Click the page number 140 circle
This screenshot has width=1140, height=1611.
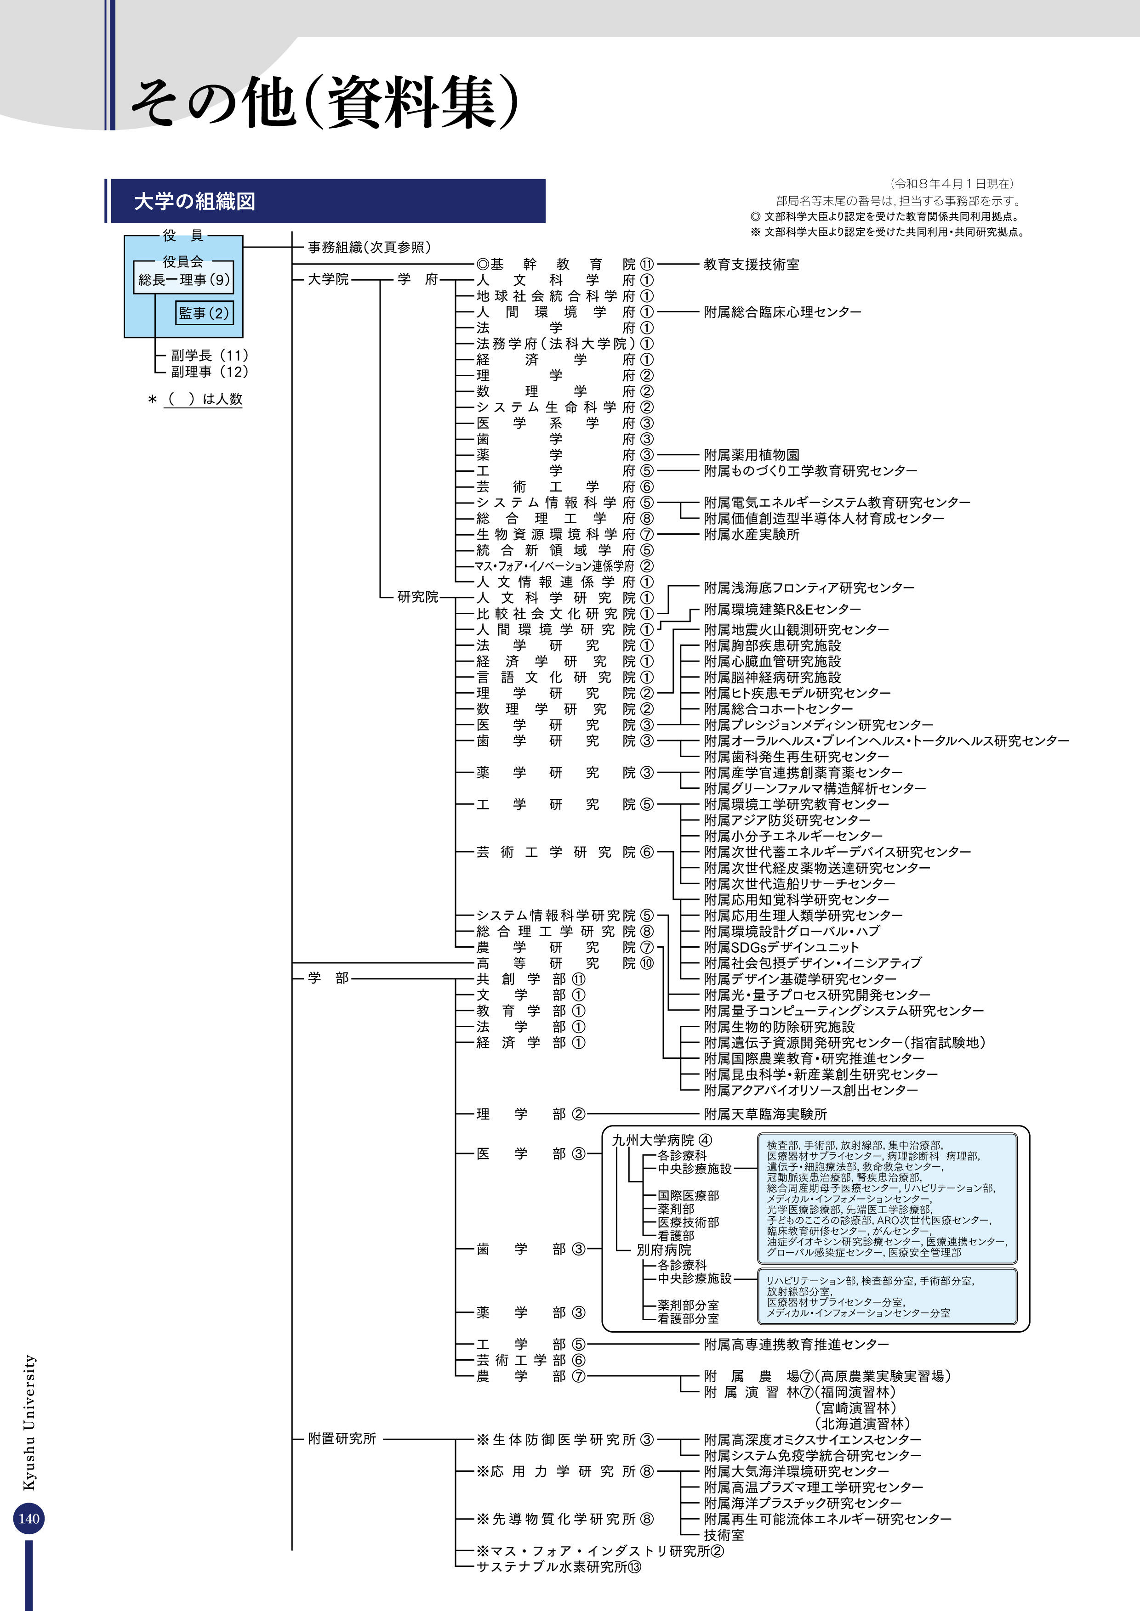tap(29, 1518)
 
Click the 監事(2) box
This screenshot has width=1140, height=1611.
tap(204, 313)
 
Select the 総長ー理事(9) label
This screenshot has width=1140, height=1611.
tap(184, 279)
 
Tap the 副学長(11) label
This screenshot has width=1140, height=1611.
tap(209, 355)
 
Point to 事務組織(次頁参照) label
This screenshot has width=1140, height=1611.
tap(369, 247)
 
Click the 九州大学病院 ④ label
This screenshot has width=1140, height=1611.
tap(661, 1140)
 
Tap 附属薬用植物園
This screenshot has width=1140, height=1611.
tap(751, 455)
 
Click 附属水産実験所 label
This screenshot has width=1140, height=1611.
tap(751, 534)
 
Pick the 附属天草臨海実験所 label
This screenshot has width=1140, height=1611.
tap(765, 1114)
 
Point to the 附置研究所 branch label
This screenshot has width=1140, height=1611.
tap(342, 1438)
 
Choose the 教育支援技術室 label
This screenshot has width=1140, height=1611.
tap(751, 265)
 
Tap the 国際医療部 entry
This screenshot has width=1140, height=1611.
tap(688, 1195)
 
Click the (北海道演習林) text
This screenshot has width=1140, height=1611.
tap(863, 1424)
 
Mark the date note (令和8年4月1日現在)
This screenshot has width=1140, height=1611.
tap(952, 184)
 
